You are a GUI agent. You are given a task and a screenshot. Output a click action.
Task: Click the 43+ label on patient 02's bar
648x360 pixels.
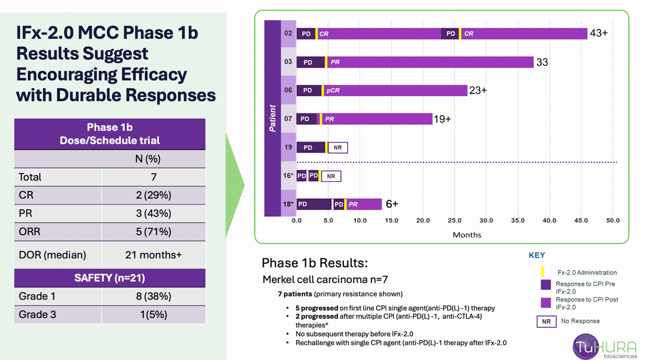(x=599, y=33)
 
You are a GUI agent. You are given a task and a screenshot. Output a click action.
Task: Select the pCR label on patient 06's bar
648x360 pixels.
(x=333, y=91)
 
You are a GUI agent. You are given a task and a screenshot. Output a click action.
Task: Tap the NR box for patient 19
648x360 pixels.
(x=338, y=148)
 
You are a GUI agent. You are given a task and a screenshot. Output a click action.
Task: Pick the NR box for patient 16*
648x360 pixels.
(x=331, y=176)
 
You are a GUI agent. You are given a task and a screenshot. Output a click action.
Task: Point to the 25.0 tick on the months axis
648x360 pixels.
(x=454, y=221)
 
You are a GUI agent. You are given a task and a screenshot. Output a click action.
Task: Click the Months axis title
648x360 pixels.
(x=467, y=235)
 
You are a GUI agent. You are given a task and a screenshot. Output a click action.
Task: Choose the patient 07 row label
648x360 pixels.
(x=288, y=119)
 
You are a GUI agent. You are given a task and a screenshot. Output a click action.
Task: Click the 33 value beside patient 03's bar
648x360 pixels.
(x=542, y=62)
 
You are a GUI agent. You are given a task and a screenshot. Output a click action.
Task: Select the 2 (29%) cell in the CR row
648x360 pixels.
(x=154, y=195)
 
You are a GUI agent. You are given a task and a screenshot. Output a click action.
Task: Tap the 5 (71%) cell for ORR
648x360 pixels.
(x=154, y=232)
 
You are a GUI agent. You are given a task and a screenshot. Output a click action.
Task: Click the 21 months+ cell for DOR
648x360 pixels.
(x=154, y=255)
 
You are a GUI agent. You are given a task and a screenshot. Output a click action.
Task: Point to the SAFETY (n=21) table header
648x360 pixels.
(x=110, y=278)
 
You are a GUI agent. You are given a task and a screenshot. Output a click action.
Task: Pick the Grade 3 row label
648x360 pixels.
(x=37, y=314)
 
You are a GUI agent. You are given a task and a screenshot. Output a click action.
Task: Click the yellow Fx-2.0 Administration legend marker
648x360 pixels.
(x=543, y=272)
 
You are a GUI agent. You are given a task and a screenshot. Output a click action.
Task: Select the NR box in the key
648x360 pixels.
(x=546, y=322)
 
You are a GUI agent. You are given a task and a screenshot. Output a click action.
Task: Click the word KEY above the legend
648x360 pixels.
(x=536, y=256)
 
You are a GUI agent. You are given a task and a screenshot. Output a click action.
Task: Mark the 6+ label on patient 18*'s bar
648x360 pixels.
(x=392, y=204)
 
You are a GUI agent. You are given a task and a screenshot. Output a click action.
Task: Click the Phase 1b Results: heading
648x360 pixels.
(x=315, y=263)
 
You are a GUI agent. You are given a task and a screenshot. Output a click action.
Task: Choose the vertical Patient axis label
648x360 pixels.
(x=273, y=118)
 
